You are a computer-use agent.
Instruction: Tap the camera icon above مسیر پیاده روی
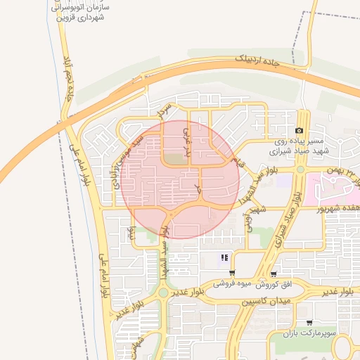pos(300,131)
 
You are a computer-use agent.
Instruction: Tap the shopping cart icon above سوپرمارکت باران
pos(309,323)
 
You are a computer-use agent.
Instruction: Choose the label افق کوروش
pos(274,285)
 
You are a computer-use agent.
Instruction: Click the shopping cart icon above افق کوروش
pos(274,275)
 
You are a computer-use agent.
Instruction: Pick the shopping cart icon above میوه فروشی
pos(232,274)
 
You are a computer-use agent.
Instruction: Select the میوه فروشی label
pos(231,285)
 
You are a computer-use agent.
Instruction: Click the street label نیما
pos(129,233)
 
